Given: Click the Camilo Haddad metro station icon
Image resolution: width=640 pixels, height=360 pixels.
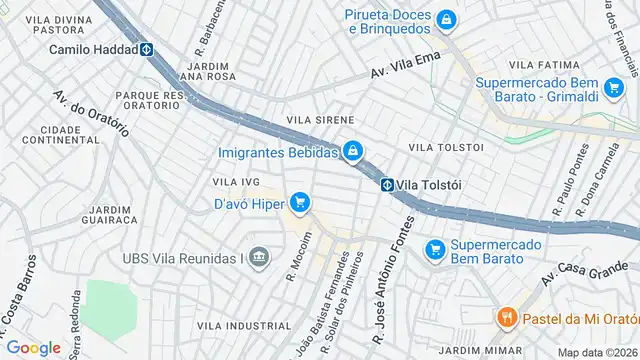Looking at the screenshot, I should coord(146,49).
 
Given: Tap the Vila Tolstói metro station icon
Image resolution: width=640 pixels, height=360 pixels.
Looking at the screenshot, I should coord(386,184).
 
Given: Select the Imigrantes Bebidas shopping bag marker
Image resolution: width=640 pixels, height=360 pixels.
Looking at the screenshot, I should coord(352,152).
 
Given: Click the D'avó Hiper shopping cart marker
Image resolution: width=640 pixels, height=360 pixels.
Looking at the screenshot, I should coord(299,203).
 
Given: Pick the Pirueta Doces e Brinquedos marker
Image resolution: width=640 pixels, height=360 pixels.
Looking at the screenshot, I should coord(447,19).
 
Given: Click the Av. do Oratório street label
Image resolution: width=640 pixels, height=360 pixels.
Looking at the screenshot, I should coord(91,114).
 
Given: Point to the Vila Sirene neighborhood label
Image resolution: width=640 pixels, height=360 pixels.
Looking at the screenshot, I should coord(320,119).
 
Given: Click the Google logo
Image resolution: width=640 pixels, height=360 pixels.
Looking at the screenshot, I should coord(34,347).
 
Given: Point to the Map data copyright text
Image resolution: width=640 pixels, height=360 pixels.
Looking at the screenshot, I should coord(596,352).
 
